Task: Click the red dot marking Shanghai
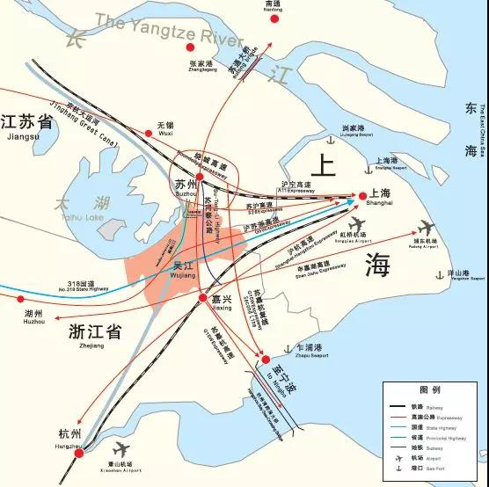click(x=361, y=196)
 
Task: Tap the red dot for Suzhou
click(x=201, y=178)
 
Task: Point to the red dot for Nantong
click(x=272, y=14)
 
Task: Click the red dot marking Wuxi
click(x=150, y=134)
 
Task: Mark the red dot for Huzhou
click(x=21, y=299)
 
